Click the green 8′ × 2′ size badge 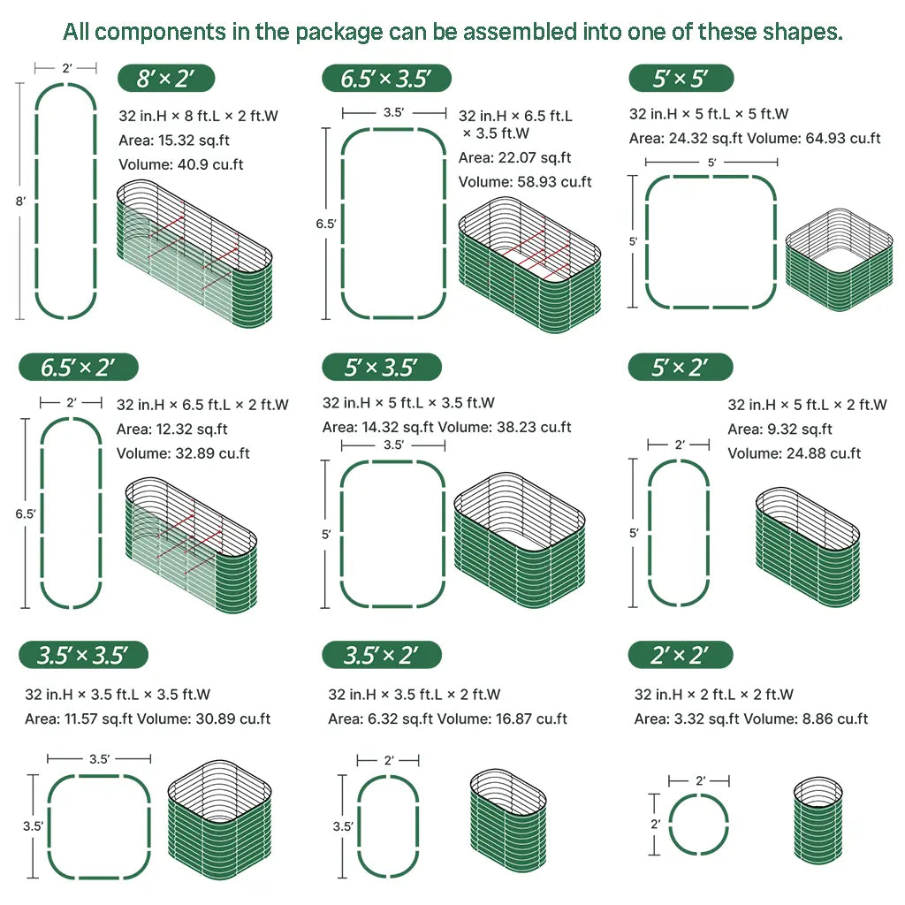coord(166,78)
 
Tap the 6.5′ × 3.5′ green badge coord(386,78)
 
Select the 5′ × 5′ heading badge coord(681,78)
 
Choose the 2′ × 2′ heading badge coord(681,655)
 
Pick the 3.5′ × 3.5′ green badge coord(83,655)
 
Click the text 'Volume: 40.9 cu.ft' coord(180,164)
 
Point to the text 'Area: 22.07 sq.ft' coord(515,157)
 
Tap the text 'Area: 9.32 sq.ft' coord(780,429)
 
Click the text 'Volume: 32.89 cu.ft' coord(183,453)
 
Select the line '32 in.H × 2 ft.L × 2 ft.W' coord(714,695)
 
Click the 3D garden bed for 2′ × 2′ coord(818,820)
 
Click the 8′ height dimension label coord(21,202)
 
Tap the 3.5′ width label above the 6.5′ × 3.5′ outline coord(393,112)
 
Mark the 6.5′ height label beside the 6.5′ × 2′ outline coord(26,513)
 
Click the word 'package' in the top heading coord(338,33)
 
